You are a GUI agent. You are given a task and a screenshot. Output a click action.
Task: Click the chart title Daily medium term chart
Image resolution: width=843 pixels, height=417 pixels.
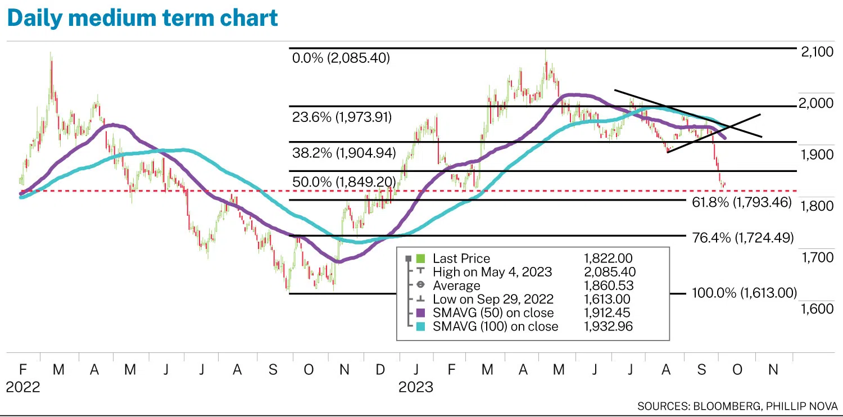(142, 19)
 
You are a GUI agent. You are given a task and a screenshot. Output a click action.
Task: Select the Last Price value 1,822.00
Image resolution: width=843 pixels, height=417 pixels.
(609, 259)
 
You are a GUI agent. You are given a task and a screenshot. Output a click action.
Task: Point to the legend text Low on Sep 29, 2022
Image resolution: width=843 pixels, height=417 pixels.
(493, 300)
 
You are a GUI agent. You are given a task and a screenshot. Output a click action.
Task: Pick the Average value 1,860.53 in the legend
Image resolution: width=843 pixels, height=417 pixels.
(609, 286)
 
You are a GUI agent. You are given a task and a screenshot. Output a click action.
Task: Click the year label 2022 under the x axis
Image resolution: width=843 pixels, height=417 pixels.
(24, 387)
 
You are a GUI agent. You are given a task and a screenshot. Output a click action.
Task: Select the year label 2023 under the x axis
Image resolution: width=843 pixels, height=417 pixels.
(416, 387)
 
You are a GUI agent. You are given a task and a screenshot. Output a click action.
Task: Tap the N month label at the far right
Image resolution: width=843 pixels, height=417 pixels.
(773, 370)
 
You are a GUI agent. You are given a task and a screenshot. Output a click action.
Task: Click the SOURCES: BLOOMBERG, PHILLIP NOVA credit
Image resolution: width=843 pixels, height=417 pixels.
(737, 406)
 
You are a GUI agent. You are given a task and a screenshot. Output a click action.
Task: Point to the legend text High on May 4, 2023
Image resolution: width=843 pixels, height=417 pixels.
(492, 273)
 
